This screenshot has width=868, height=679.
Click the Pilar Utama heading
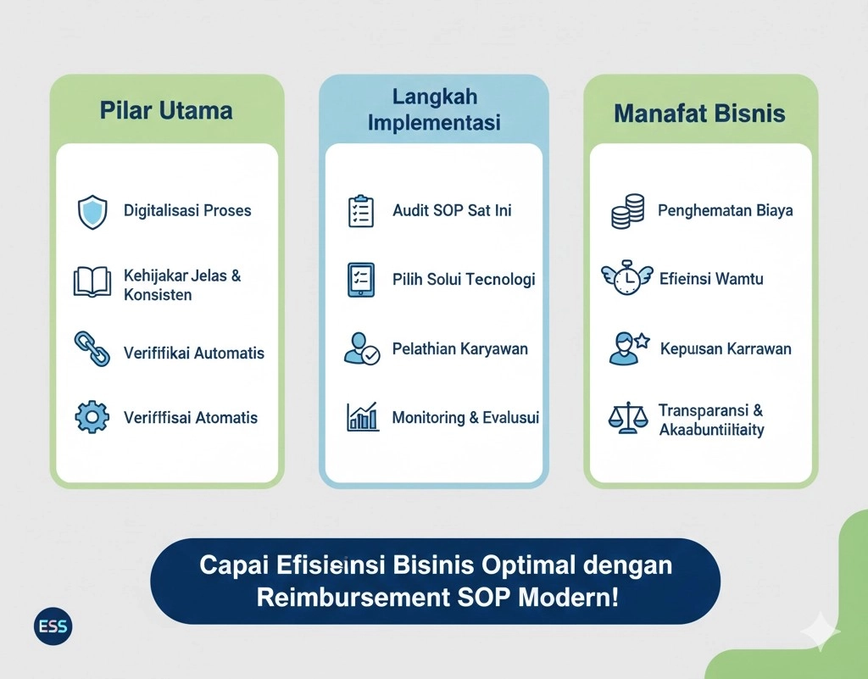coord(166,110)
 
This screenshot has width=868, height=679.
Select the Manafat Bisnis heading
coord(700,114)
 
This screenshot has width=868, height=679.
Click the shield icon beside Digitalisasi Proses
coord(92,212)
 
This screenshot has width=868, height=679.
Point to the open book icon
coord(92,282)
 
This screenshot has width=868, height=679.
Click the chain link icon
coord(92,349)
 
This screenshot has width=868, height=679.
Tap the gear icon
coord(92,417)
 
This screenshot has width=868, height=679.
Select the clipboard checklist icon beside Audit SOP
coord(361,211)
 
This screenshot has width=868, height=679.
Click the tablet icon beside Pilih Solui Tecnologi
coord(361,280)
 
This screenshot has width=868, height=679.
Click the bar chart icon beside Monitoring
coord(363,416)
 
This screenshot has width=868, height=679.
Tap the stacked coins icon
coord(628,211)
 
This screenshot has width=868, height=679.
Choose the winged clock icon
coord(628,278)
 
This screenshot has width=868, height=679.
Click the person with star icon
coord(628,348)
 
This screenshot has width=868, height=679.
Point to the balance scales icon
coord(628,418)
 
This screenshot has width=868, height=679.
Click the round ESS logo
coord(54,627)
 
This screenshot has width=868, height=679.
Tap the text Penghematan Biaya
coord(726,210)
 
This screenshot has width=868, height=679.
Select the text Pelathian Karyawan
coord(460,349)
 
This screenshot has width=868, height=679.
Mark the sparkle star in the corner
coord(820,632)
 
